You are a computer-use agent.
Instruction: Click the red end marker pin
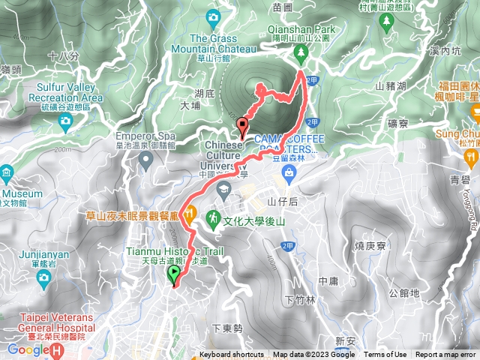tap(241, 126)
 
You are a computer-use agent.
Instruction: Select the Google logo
tap(27, 349)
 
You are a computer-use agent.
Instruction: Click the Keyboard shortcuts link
tap(231, 355)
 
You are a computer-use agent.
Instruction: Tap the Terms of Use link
tap(385, 355)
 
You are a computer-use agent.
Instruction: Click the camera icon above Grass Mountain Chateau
tap(213, 16)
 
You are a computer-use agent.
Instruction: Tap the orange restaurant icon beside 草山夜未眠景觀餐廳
tap(190, 212)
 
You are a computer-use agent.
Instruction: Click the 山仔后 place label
tap(283, 202)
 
